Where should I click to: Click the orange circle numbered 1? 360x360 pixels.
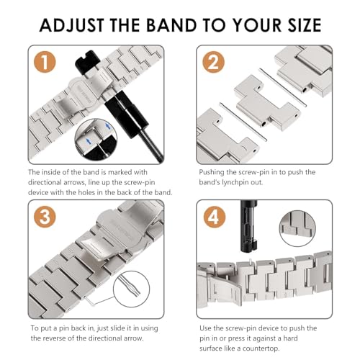point(45,62)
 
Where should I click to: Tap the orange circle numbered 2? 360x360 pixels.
point(213,62)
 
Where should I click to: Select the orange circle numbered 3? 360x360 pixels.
point(45,217)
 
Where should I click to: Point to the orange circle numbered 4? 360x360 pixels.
point(215,217)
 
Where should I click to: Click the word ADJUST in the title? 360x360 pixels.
point(72,25)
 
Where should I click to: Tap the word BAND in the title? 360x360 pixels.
point(171,25)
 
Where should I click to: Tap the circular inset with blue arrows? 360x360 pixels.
point(96,140)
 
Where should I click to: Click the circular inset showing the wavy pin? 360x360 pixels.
point(131,289)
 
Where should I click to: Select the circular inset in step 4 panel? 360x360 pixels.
point(297,228)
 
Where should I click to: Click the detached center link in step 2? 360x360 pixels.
point(266,102)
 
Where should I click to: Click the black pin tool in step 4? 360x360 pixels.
point(249,226)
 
